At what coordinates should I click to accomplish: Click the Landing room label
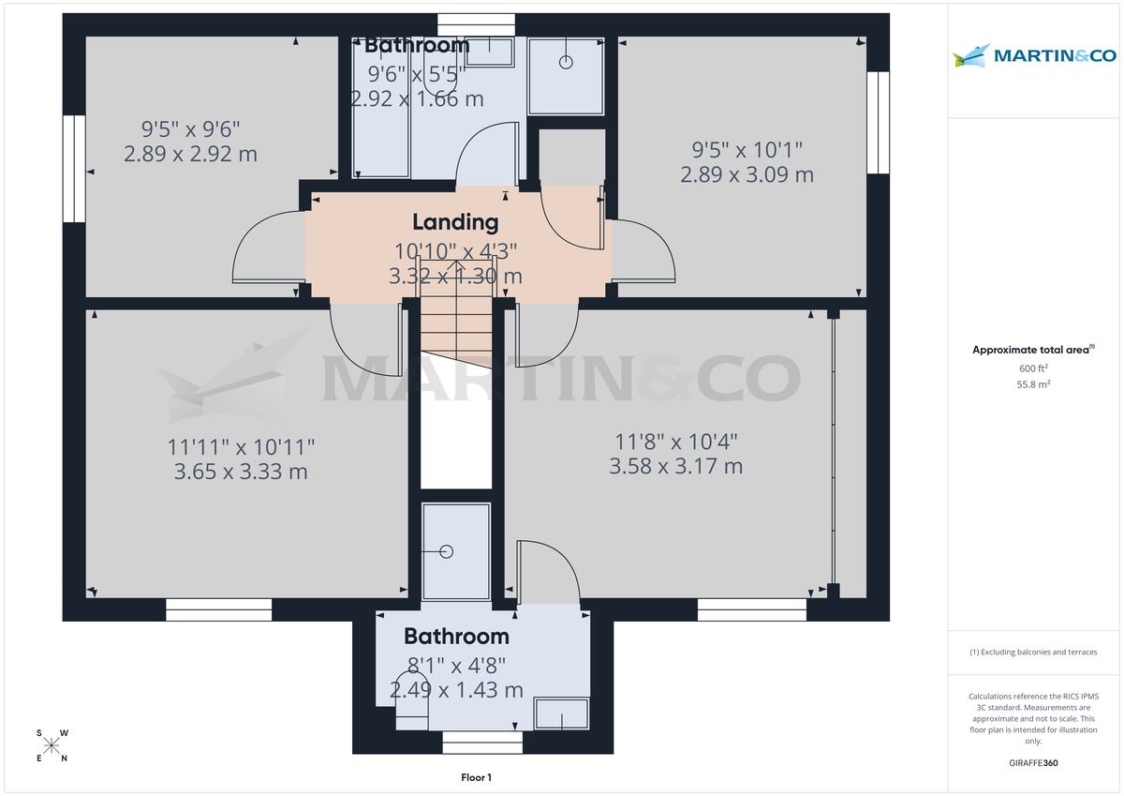(455, 222)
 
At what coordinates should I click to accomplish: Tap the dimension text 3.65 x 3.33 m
(241, 472)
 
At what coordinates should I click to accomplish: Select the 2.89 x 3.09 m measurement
(747, 174)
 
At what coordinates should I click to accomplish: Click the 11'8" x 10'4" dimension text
(675, 441)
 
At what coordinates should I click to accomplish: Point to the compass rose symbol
(52, 745)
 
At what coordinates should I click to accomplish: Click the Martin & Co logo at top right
(1034, 56)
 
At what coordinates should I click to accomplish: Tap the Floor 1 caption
(476, 777)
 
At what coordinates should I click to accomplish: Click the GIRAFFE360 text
(1032, 763)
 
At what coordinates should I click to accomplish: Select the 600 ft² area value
(1033, 368)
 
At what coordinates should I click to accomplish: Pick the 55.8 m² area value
(1033, 384)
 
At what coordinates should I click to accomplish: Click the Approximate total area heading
(1032, 350)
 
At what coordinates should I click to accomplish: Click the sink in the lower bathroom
(561, 713)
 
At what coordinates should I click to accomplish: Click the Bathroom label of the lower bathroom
(456, 637)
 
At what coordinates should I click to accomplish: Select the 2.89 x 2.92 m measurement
(190, 154)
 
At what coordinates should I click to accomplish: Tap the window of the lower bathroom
(482, 743)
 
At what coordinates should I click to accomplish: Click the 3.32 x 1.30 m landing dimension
(455, 276)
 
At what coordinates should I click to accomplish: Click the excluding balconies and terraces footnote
(1033, 652)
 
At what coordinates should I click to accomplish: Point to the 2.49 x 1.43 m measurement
(456, 690)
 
